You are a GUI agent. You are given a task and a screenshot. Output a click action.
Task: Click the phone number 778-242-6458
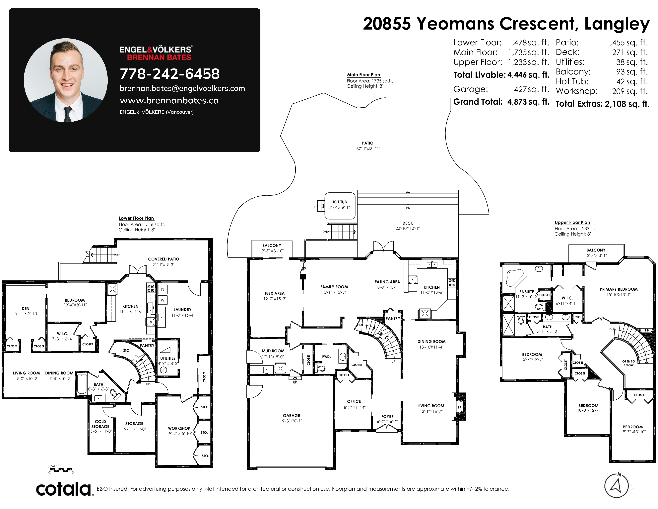coord(170,74)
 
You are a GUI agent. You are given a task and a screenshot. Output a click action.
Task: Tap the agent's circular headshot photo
coord(66,80)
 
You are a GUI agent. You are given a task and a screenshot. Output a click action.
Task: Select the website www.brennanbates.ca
coord(169,100)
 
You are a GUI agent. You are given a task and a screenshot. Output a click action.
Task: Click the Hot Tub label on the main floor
coord(339,202)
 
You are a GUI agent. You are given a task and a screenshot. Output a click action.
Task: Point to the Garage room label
coord(291,416)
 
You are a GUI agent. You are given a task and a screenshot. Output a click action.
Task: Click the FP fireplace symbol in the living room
coord(459,408)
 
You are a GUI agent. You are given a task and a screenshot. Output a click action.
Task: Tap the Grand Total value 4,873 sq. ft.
coord(528,102)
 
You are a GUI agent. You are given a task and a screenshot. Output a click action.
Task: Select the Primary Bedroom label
coord(619,289)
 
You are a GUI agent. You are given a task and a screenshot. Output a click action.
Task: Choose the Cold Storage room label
coord(100,424)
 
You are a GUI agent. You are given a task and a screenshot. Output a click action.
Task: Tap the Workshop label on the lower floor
coord(179,428)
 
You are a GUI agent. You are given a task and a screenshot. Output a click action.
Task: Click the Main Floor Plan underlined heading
coord(363,75)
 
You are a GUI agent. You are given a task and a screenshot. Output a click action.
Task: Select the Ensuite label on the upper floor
coord(527,292)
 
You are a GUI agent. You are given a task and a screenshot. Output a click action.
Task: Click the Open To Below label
coord(628,363)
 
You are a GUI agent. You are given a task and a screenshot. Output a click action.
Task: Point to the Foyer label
coord(387,416)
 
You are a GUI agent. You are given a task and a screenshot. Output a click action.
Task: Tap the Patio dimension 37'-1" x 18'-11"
coord(368,149)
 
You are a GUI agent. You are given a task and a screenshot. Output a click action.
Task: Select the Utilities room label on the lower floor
coord(168,358)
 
